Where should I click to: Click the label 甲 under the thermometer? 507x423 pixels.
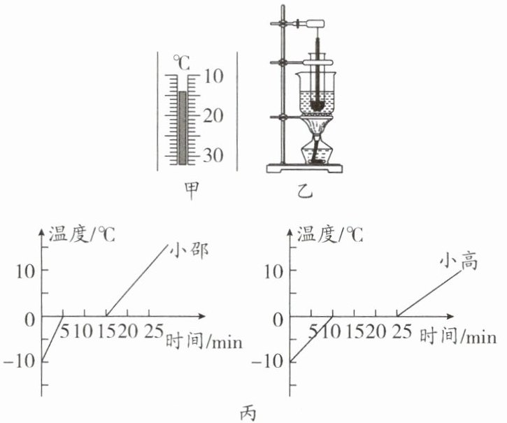point(191,191)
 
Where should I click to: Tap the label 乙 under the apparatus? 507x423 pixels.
point(305,191)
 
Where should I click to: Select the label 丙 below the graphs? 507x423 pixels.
point(249,412)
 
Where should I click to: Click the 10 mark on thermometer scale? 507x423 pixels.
point(213,77)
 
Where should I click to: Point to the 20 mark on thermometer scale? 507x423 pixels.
point(213,116)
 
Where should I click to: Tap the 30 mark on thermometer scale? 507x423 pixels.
point(213,155)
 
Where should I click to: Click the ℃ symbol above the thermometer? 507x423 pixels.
point(182,62)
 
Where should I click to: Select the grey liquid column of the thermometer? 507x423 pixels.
point(183,128)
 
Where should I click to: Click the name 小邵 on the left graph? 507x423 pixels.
point(189,250)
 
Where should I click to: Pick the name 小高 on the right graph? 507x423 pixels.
point(459,261)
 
